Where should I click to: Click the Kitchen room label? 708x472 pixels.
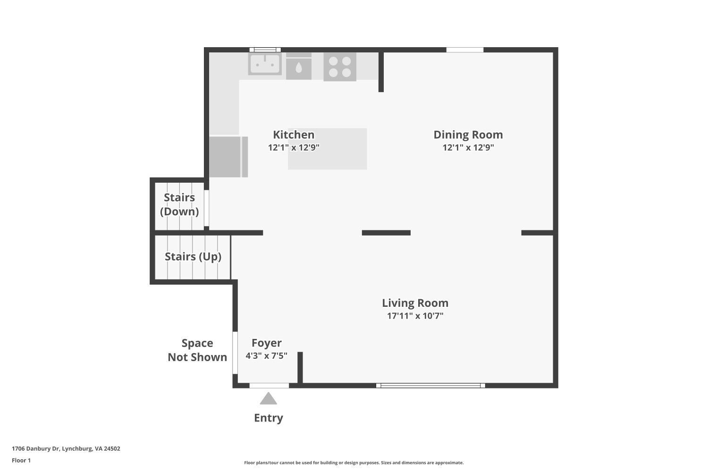(293, 135)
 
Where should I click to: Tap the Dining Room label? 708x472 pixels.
(468, 135)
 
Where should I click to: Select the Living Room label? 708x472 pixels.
(415, 303)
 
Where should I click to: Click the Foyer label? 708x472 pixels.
(266, 343)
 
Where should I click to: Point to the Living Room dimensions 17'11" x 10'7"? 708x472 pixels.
(415, 316)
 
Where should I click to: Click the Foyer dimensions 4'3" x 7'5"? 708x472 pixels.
(266, 356)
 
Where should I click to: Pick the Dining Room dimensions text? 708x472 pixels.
(468, 147)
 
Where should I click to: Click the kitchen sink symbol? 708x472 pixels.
(265, 64)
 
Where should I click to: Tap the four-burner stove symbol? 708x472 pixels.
(340, 67)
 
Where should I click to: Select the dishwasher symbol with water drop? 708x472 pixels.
(299, 68)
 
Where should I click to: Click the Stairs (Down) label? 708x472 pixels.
(179, 204)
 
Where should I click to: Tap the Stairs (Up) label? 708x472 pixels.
(193, 257)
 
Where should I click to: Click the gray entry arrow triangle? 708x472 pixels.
(268, 399)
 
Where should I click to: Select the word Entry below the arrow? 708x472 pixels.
(268, 418)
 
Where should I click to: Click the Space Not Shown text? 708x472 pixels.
(197, 350)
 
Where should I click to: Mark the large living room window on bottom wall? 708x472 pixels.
(430, 386)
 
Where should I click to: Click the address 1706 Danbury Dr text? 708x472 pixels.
(66, 448)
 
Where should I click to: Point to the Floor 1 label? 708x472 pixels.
(21, 460)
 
